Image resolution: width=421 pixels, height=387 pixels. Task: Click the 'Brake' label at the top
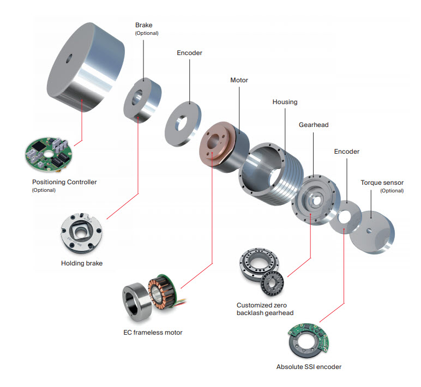click(x=144, y=25)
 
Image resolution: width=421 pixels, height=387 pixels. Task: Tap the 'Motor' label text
click(x=239, y=80)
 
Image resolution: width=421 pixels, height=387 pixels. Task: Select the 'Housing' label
click(x=285, y=102)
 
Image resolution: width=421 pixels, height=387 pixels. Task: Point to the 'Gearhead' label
click(x=313, y=125)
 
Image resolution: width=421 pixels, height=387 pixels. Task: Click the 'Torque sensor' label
click(x=382, y=183)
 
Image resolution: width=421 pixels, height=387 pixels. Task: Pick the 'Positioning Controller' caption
click(x=64, y=182)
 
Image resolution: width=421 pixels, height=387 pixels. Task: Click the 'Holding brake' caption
click(x=82, y=263)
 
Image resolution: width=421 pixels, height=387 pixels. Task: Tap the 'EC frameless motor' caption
click(x=153, y=332)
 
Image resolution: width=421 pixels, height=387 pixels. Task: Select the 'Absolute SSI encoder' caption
click(x=309, y=367)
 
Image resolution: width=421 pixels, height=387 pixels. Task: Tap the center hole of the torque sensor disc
click(x=369, y=230)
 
